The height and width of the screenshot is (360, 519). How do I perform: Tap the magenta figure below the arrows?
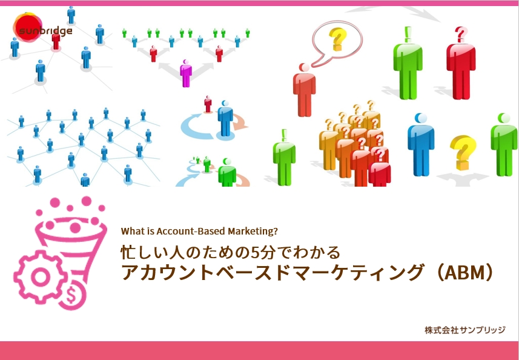[x=186, y=73]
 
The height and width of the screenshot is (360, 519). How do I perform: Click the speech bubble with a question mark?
[x=337, y=42]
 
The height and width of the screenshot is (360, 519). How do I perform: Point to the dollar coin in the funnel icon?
[x=72, y=295]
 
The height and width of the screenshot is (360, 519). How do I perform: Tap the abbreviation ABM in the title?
[x=463, y=273]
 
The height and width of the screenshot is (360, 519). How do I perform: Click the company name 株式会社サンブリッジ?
[x=465, y=330]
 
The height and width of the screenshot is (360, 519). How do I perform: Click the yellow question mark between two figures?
[x=463, y=152]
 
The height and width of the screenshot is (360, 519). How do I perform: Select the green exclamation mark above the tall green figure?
[x=408, y=35]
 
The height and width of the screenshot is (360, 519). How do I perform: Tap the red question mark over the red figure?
[x=461, y=35]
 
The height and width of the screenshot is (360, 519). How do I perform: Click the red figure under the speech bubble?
[x=304, y=90]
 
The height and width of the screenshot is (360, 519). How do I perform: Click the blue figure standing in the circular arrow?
[x=225, y=118]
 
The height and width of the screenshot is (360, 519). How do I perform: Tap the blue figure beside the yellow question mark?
[x=421, y=144]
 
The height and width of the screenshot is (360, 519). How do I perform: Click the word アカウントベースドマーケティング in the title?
[x=272, y=273]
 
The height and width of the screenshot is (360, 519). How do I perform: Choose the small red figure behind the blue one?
[x=208, y=104]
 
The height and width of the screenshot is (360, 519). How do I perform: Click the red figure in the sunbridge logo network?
[x=56, y=40]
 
